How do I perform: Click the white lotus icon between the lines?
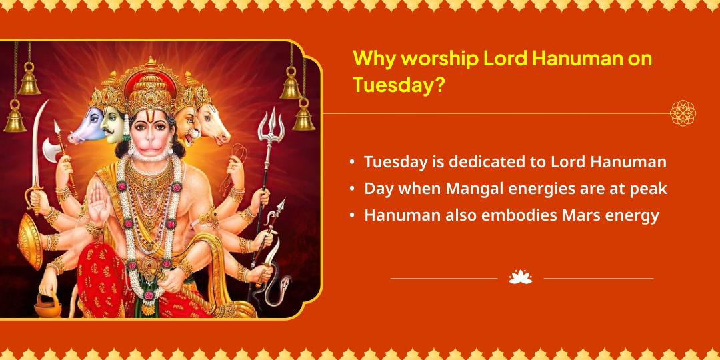521,277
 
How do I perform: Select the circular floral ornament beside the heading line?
683,113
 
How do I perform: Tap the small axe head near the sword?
53,144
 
